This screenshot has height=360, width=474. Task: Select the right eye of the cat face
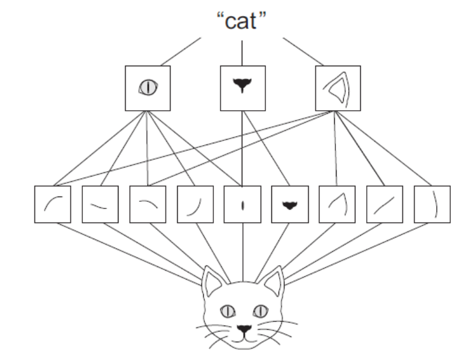pos(259,310)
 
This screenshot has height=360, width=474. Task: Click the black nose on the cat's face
pos(243,327)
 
